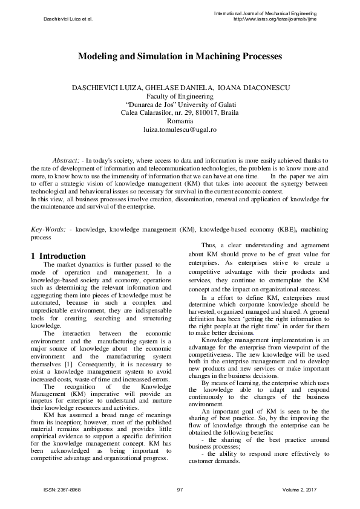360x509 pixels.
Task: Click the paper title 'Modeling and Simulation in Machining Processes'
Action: [x=180, y=57]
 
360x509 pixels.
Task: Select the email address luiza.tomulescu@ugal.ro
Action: [x=180, y=130]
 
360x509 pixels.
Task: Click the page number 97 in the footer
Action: [x=180, y=489]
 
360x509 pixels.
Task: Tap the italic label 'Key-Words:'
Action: [x=49, y=230]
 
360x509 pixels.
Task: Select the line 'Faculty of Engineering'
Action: [x=180, y=96]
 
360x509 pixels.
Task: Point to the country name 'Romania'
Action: [x=180, y=122]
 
